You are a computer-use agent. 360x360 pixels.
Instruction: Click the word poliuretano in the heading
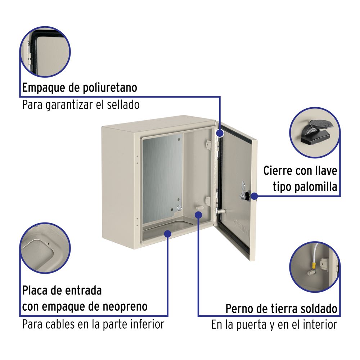[110, 88]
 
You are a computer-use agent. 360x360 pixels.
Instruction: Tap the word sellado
[123, 105]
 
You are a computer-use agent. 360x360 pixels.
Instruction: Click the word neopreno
[125, 307]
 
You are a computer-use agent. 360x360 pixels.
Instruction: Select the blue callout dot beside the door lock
[254, 196]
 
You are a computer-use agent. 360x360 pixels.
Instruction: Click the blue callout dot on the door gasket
[220, 133]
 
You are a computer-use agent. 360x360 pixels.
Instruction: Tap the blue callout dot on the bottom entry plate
[168, 234]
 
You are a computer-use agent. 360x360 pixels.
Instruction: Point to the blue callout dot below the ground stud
[198, 215]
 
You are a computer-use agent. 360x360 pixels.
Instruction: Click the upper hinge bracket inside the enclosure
[208, 145]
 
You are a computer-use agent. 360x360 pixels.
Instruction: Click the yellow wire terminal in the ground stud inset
[313, 266]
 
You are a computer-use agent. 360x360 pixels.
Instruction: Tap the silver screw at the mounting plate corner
[179, 208]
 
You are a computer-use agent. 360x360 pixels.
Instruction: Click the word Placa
[35, 291]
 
